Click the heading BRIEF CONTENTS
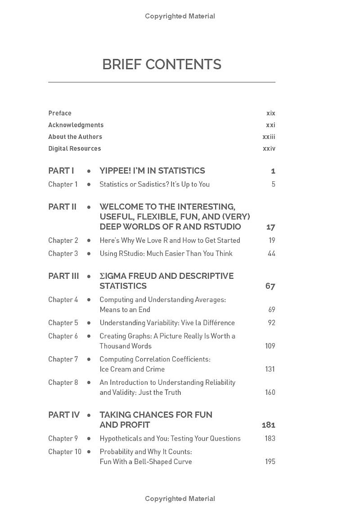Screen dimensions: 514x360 162,65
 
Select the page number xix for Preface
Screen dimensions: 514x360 270,113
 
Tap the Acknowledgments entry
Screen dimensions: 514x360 76,125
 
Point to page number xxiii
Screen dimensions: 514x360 269,137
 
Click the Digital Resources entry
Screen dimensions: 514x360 75,148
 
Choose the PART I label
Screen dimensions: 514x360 61,171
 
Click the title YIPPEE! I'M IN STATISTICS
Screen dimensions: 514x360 152,171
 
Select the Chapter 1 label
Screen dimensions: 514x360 63,184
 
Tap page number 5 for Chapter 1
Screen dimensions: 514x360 273,184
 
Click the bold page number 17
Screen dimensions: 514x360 270,227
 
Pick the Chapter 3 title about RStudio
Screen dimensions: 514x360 166,254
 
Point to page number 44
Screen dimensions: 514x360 271,254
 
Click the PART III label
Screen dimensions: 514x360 63,276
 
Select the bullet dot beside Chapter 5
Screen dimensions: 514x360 89,323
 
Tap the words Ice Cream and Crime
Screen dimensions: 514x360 132,369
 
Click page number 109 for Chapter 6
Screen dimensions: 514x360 270,346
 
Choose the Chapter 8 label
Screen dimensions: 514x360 63,383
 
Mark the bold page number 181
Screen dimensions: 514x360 269,425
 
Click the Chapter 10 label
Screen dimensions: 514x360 65,451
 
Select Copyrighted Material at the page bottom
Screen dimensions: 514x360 180,499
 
